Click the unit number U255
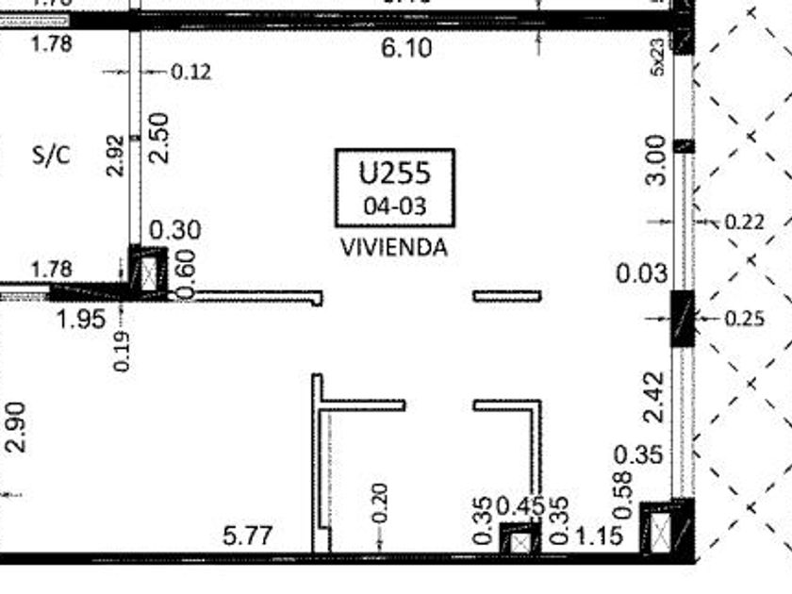point(394,173)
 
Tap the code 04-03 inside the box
point(394,206)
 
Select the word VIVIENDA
point(393,248)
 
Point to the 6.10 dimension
point(407,48)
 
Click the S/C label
point(51,157)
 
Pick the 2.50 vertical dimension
point(159,138)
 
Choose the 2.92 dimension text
point(115,156)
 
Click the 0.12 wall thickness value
point(191,72)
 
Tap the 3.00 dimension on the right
point(656,159)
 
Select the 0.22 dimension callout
point(744,223)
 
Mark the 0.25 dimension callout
point(745,319)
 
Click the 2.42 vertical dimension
point(656,396)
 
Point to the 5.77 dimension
point(248,536)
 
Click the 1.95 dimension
point(81,319)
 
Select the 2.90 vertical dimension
point(18,426)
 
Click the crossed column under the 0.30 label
point(148,272)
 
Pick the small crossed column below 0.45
point(520,542)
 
